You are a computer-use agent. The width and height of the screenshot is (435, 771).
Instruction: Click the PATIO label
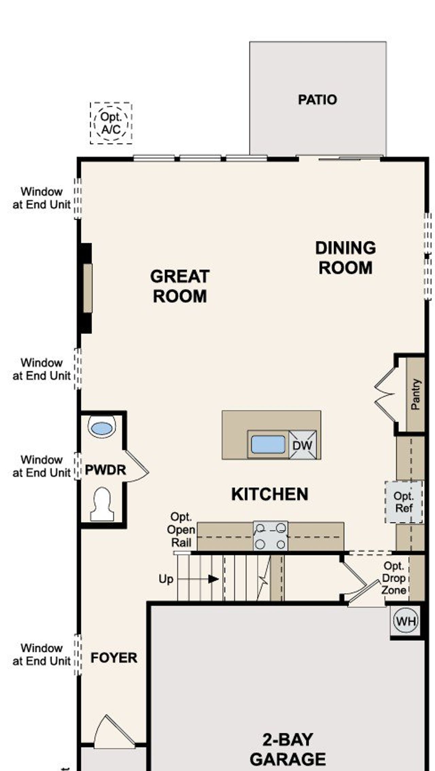pyautogui.click(x=317, y=100)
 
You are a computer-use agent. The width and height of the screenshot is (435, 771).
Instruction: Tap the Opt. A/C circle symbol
pyautogui.click(x=111, y=123)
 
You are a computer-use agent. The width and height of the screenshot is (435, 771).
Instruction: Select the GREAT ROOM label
pyautogui.click(x=179, y=286)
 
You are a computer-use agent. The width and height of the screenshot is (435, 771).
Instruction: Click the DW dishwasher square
pyautogui.click(x=302, y=445)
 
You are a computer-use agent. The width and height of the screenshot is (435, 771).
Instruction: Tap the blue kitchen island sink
pyautogui.click(x=268, y=444)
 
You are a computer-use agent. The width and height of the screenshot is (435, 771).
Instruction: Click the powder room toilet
pyautogui.click(x=102, y=504)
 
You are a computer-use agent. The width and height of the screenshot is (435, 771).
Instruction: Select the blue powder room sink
pyautogui.click(x=102, y=428)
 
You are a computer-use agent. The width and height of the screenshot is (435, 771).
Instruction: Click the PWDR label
pyautogui.click(x=105, y=470)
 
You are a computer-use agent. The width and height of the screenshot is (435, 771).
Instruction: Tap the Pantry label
pyautogui.click(x=415, y=394)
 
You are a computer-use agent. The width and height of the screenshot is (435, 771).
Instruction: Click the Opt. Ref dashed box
pyautogui.click(x=403, y=502)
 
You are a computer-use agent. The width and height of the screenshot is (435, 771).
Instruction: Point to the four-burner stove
pyautogui.click(x=271, y=536)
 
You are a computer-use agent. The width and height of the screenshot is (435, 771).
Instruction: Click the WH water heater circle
pyautogui.click(x=406, y=621)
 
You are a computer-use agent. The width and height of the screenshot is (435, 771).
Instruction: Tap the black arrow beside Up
pyautogui.click(x=213, y=579)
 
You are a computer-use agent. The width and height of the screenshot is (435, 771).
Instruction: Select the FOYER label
pyautogui.click(x=114, y=658)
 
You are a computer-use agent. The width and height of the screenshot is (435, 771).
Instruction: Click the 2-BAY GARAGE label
pyautogui.click(x=288, y=750)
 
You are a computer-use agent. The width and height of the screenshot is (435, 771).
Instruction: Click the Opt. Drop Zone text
pyautogui.click(x=394, y=578)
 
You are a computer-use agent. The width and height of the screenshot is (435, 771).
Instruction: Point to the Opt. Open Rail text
pyautogui.click(x=181, y=530)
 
